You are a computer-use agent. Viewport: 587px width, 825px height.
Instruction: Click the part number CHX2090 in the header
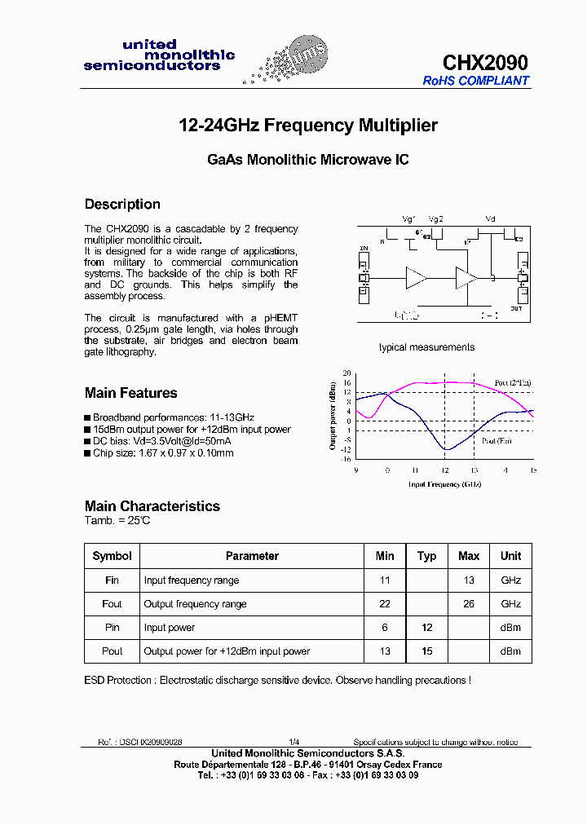[485, 63]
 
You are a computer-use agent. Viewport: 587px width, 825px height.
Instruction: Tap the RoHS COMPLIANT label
[475, 81]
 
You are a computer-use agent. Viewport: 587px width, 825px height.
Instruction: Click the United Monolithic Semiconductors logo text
[159, 55]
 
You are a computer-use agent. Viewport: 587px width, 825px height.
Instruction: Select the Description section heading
[122, 204]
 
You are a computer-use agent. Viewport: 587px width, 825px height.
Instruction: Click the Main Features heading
[130, 393]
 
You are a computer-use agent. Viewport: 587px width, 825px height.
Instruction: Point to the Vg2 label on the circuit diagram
[436, 219]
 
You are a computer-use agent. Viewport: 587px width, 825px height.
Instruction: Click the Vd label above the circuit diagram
[490, 219]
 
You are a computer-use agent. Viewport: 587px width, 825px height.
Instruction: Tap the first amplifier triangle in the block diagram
[416, 278]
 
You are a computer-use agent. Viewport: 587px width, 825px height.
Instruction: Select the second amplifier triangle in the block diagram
[466, 278]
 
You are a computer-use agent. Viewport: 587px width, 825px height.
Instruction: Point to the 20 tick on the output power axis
[346, 373]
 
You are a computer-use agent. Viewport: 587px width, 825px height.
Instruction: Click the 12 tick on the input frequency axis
[444, 470]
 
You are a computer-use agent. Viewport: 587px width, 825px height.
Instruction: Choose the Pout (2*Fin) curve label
[513, 382]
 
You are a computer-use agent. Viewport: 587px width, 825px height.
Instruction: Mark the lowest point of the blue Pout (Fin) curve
[445, 449]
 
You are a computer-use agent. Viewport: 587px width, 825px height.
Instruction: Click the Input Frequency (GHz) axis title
[444, 484]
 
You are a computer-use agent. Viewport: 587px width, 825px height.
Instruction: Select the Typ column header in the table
[426, 556]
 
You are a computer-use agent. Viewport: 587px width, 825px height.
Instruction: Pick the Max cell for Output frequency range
[469, 604]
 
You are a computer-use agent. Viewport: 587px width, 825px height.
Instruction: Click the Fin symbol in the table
[112, 580]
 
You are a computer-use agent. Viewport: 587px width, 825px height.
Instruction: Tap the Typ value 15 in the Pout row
[426, 651]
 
